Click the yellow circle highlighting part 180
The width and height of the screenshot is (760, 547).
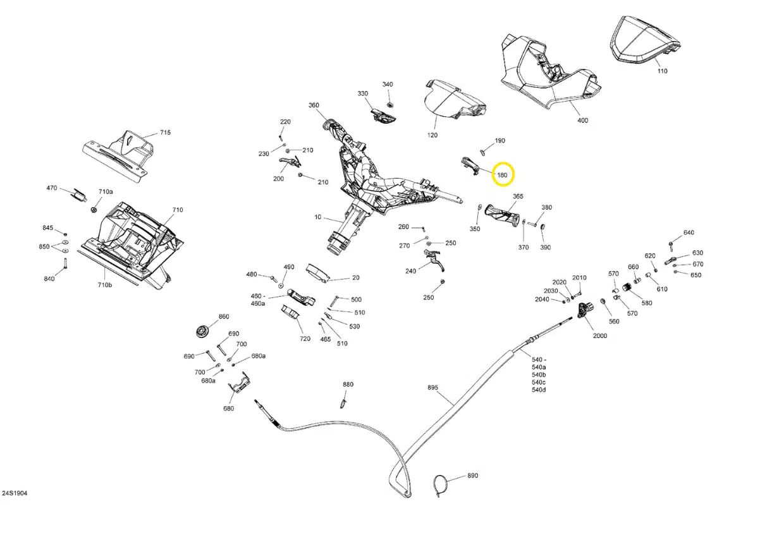pyautogui.click(x=503, y=175)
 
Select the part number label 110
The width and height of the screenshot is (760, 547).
pyautogui.click(x=662, y=71)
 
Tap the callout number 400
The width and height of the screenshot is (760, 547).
pyautogui.click(x=582, y=120)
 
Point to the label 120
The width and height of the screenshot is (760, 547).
pyautogui.click(x=432, y=136)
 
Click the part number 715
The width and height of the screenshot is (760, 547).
pyautogui.click(x=165, y=133)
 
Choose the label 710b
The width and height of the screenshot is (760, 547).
pyautogui.click(x=104, y=286)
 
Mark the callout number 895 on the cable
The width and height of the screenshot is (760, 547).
pyautogui.click(x=432, y=388)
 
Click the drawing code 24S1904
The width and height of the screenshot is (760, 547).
pyautogui.click(x=14, y=493)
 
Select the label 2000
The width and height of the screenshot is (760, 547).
pyautogui.click(x=599, y=335)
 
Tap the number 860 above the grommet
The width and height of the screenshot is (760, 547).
pyautogui.click(x=224, y=316)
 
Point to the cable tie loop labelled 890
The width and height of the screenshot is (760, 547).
pyautogui.click(x=441, y=486)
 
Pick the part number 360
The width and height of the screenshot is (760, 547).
pyautogui.click(x=314, y=105)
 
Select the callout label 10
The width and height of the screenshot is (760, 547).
pyautogui.click(x=318, y=217)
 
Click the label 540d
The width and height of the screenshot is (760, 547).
pyautogui.click(x=539, y=390)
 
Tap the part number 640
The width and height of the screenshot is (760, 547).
pyautogui.click(x=689, y=232)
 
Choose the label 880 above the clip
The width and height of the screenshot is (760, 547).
pyautogui.click(x=348, y=384)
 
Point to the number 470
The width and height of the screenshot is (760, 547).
pyautogui.click(x=52, y=188)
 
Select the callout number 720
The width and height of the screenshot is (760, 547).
pyautogui.click(x=305, y=339)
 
